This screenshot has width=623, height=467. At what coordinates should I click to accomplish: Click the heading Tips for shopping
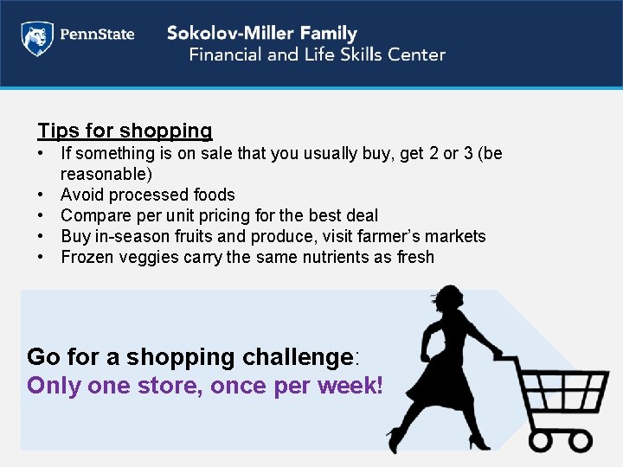pos(125,131)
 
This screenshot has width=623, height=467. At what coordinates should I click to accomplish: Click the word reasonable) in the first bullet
pos(106,174)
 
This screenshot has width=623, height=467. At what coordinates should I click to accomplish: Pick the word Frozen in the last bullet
pos(88,257)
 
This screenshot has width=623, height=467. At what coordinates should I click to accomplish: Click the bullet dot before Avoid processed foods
pos(42,195)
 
